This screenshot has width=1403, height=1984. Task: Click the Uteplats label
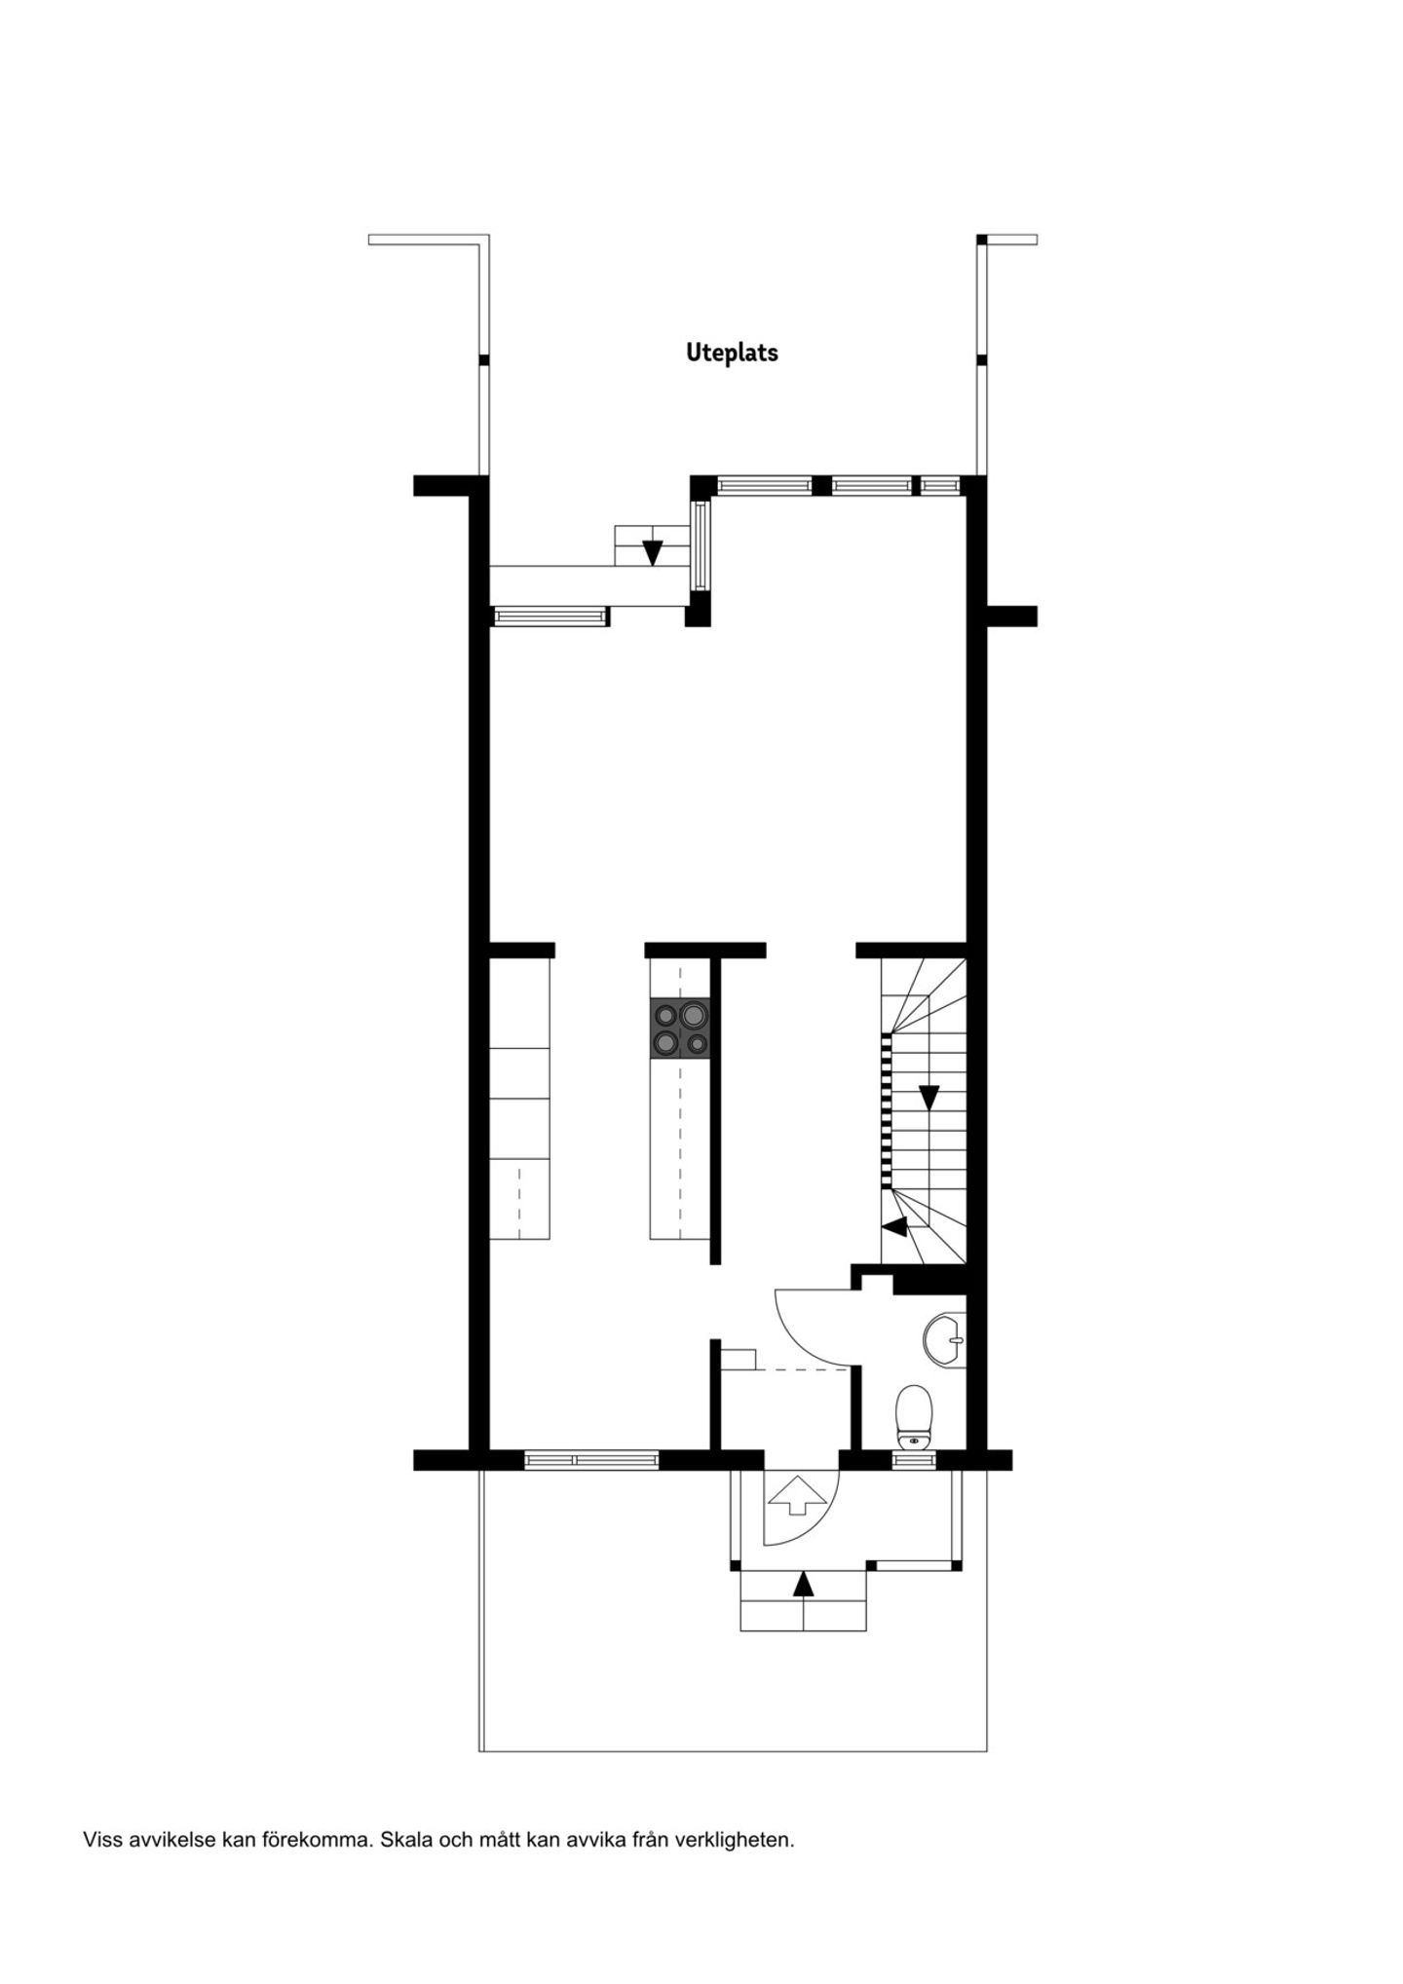(732, 353)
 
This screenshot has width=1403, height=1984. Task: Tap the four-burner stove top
(680, 1029)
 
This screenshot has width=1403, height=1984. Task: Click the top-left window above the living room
(764, 484)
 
